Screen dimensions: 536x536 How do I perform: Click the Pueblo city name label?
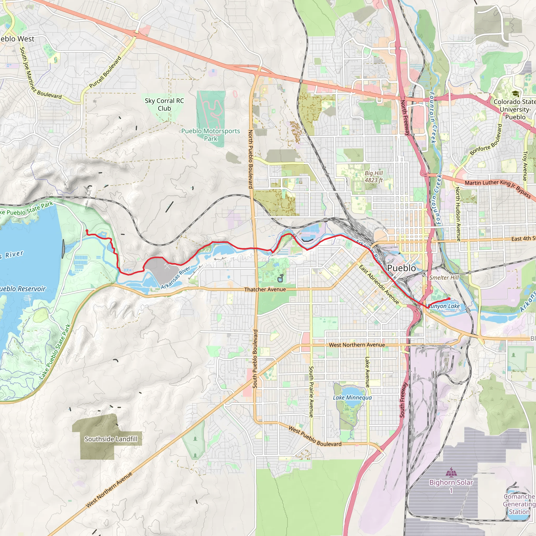point(401,268)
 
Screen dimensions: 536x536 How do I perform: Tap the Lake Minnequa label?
point(352,398)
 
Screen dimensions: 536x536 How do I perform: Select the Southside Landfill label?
point(111,439)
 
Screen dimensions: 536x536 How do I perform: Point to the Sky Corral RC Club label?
point(164,105)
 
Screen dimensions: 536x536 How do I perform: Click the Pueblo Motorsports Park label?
point(211,135)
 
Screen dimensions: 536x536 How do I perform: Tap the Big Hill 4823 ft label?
point(373,176)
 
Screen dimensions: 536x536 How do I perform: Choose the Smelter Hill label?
point(444,277)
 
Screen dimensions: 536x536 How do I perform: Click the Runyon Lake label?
point(444,306)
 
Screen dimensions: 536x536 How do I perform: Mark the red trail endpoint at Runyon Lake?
point(449,299)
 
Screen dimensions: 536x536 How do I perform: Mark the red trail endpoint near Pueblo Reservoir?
point(87,231)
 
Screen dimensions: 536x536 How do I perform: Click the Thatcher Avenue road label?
point(265,289)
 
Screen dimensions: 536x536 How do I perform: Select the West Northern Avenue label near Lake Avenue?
point(357,345)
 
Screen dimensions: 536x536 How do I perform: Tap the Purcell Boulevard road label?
point(105,72)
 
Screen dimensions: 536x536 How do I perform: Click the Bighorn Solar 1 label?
point(451,486)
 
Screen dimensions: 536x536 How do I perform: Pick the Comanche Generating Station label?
point(519,504)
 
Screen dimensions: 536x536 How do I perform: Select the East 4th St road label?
point(523,239)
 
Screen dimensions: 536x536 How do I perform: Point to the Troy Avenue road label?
point(525,166)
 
